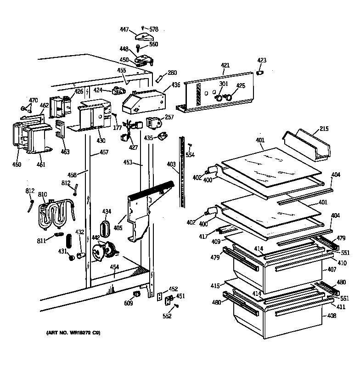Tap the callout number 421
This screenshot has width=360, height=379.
[x=225, y=66]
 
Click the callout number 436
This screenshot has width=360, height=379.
[x=176, y=85]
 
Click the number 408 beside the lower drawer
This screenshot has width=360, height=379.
[x=332, y=316]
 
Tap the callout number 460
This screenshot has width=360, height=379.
[x=17, y=164]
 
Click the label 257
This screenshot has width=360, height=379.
[x=169, y=117]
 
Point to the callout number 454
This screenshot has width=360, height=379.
[x=114, y=267]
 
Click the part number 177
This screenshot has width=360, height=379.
[x=118, y=128]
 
